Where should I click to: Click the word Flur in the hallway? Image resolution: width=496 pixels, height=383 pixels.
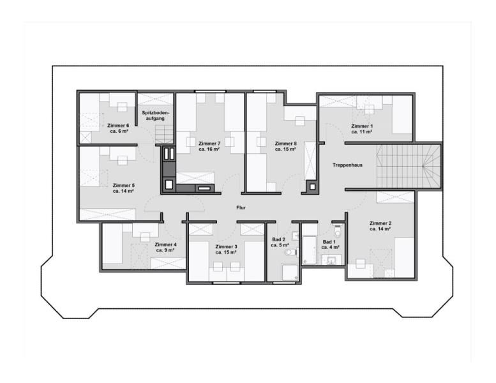(x=241, y=207)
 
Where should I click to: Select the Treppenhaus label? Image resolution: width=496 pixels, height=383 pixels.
(x=347, y=165)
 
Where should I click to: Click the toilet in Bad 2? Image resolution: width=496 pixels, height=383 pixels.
(x=291, y=253)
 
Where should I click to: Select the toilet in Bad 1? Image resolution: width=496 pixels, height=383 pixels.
(x=338, y=230)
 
